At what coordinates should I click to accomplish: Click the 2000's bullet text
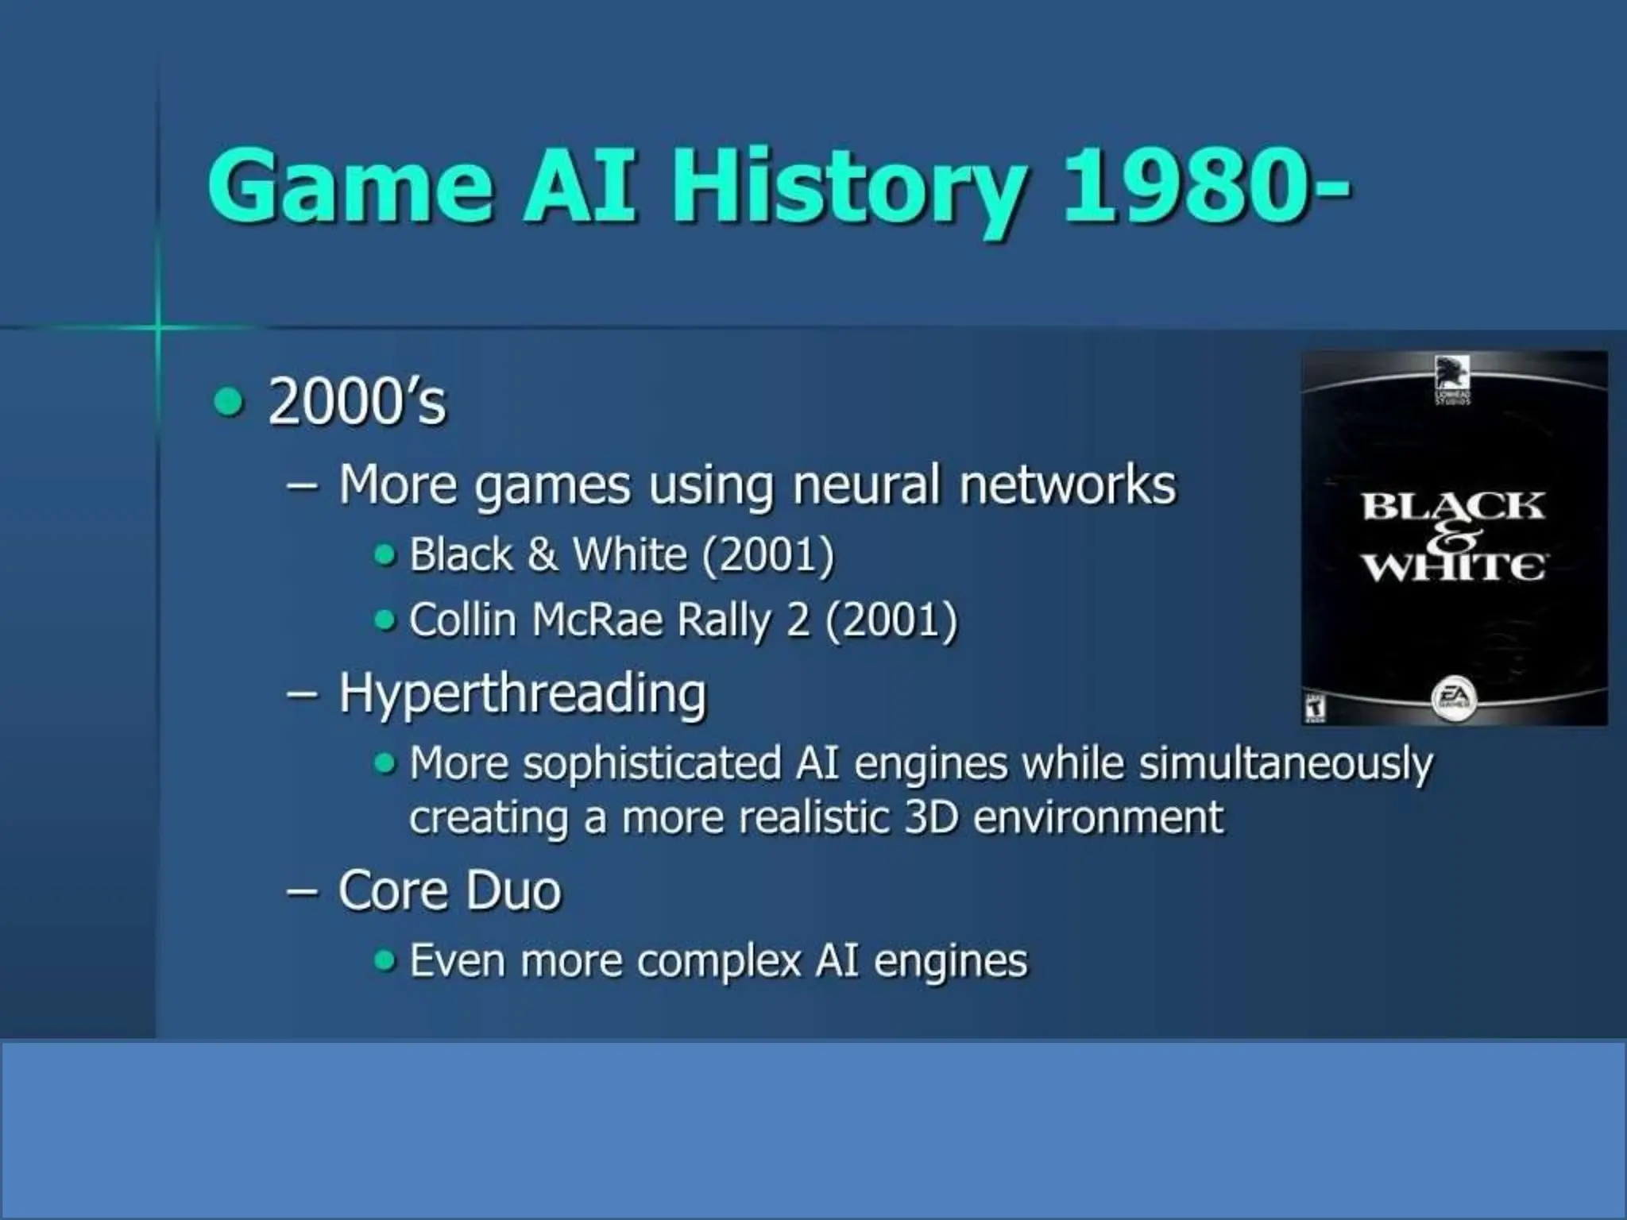tap(357, 402)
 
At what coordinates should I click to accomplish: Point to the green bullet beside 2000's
tap(228, 402)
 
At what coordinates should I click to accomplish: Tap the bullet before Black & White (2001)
tap(385, 554)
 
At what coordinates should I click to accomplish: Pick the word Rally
tap(723, 621)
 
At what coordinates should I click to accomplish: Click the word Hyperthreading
tap(522, 694)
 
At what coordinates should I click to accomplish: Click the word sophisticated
tap(651, 764)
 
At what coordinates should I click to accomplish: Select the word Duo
tap(513, 891)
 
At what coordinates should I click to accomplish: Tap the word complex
tap(718, 961)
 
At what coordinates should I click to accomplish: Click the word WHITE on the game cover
tap(1454, 567)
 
